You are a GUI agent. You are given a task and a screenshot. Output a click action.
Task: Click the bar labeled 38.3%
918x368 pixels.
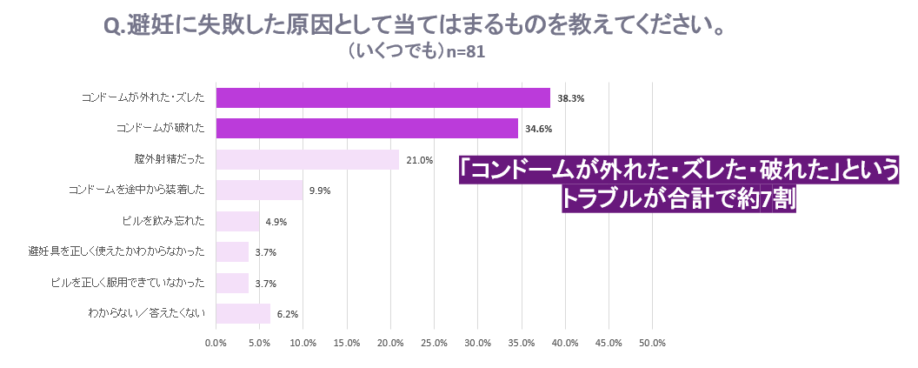coord(382,97)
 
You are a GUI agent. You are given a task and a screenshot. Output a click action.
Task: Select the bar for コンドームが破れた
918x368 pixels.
coord(367,129)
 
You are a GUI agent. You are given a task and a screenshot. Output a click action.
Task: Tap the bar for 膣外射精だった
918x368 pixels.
coord(308,159)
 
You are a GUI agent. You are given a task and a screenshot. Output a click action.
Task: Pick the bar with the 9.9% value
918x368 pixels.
coord(259,191)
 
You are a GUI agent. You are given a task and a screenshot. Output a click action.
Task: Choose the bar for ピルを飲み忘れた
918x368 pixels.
coord(237,222)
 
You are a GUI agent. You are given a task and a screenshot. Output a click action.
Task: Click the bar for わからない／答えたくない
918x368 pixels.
coord(243,313)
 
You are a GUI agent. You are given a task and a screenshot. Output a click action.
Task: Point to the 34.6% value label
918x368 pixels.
coord(539,129)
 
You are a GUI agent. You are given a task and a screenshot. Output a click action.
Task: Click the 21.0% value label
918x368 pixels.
coord(419,160)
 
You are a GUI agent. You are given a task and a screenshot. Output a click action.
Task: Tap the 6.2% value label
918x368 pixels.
coord(288,314)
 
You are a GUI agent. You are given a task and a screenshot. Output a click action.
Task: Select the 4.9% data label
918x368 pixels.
coord(277,222)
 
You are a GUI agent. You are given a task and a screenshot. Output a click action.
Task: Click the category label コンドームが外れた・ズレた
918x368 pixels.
coord(143,97)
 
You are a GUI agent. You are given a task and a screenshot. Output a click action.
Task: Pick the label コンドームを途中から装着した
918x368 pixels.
coord(136,191)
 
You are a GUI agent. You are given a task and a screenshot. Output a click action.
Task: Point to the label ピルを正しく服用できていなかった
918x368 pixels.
coord(128,283)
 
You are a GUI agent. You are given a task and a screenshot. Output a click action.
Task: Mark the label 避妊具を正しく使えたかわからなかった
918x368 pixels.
coord(117,252)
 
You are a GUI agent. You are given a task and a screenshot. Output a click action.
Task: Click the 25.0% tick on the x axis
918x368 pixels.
coord(434,344)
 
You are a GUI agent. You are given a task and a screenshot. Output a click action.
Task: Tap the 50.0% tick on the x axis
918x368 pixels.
coord(652,344)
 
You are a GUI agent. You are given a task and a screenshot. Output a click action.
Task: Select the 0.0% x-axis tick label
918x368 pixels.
coord(216,344)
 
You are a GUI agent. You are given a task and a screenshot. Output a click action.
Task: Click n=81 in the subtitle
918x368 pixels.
coord(465,52)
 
